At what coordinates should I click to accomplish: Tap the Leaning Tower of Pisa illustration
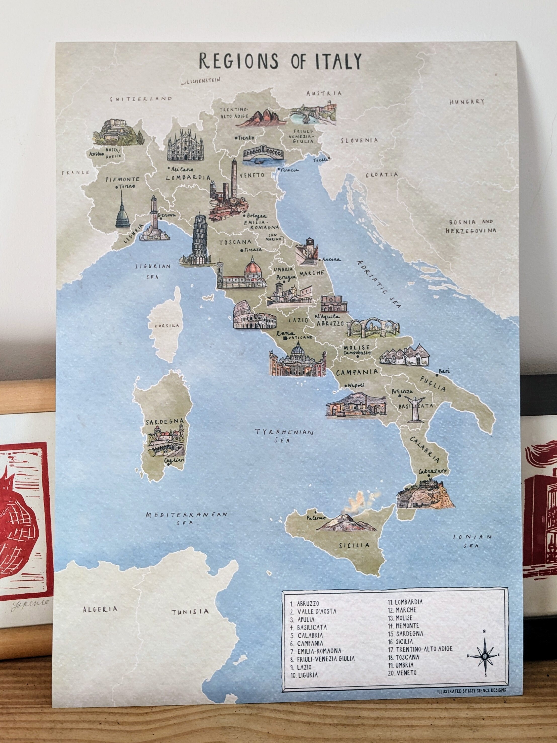pyautogui.click(x=200, y=240)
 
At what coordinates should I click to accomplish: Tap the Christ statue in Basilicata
pyautogui.click(x=414, y=408)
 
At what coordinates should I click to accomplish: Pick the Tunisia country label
pyautogui.click(x=190, y=612)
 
